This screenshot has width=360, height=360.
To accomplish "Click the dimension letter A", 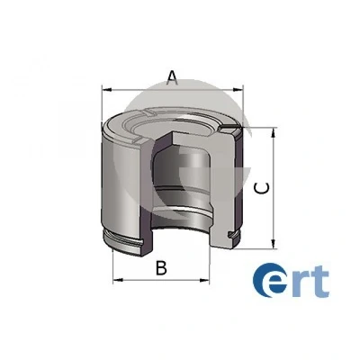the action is (x=172, y=77).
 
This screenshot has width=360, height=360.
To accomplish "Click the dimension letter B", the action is (x=161, y=268).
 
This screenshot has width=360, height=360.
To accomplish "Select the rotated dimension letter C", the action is (x=261, y=188).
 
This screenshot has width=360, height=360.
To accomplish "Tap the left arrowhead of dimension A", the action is (x=107, y=89).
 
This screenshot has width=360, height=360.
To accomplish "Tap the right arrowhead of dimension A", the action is (x=238, y=89).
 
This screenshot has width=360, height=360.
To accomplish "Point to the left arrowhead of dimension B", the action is (x=118, y=280).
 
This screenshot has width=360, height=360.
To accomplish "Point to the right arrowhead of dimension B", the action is (x=204, y=280).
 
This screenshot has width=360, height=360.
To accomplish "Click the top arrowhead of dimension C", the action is (x=273, y=133).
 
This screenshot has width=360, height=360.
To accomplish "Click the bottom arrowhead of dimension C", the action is (x=273, y=243).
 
